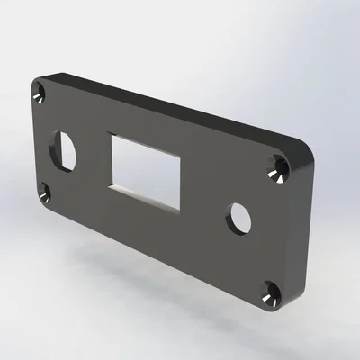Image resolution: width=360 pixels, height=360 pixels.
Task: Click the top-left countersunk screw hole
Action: pos(40,94)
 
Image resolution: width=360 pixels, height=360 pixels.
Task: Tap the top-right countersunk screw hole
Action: pos(280,168)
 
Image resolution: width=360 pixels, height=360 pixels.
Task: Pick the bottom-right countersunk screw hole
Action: pos(269,292)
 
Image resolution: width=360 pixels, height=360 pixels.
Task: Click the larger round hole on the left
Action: pos(65,150)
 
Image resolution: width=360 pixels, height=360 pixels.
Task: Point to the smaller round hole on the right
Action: pos(239,217)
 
